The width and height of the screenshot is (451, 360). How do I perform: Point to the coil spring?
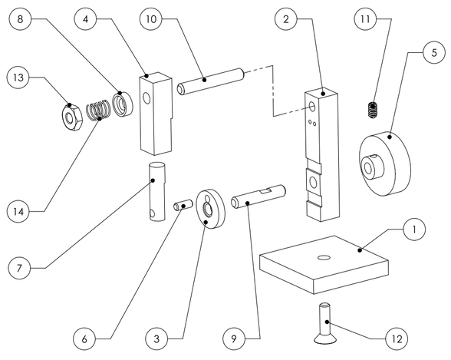click(96, 112)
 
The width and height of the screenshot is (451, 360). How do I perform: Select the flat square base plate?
click(322, 263)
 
